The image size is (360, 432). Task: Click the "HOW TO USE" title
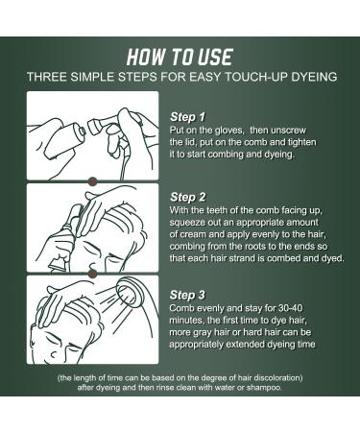[180, 57]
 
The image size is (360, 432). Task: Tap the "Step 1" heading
[187, 117]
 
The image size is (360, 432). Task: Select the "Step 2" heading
[188, 197]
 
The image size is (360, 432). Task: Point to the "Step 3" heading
[187, 295]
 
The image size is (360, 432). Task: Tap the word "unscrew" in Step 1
[288, 131]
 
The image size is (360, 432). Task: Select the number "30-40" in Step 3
[290, 308]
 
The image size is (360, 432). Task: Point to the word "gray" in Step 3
[202, 333]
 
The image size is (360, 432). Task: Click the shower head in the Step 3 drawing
[131, 292]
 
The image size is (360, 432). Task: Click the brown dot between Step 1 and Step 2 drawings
[92, 181]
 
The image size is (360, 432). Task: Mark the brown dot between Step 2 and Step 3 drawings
[92, 274]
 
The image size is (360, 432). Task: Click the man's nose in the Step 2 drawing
[93, 265]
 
